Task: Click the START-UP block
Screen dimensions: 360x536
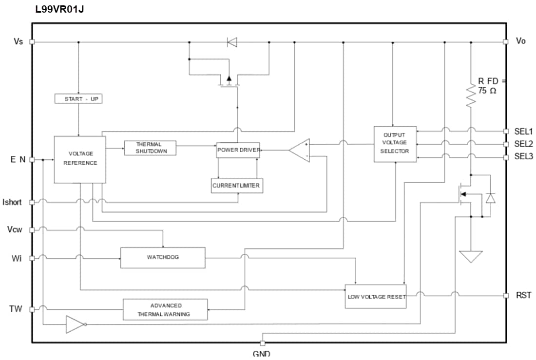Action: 78,99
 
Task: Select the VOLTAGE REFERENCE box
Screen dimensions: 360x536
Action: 80,159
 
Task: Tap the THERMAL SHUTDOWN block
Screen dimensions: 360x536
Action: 150,148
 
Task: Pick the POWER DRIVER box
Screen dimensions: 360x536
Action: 238,150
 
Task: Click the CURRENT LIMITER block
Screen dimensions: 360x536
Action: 237,186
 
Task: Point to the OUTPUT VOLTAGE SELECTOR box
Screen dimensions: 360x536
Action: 395,144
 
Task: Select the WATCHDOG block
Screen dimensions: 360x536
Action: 163,257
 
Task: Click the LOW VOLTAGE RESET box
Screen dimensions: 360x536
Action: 376,296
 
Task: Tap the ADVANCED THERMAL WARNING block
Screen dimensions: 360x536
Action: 165,310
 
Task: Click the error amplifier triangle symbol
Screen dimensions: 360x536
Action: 300,150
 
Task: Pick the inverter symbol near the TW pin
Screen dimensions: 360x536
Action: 76,324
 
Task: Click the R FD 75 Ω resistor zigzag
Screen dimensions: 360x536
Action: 471,96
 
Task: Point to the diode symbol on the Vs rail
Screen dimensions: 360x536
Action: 232,42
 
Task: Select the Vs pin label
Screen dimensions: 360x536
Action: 18,42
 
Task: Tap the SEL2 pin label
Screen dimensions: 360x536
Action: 523,144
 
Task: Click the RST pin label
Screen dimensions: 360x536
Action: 524,295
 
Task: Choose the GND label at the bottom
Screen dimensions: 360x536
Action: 262,354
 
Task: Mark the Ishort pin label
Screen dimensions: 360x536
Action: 12,202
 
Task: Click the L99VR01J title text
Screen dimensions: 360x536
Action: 59,9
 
